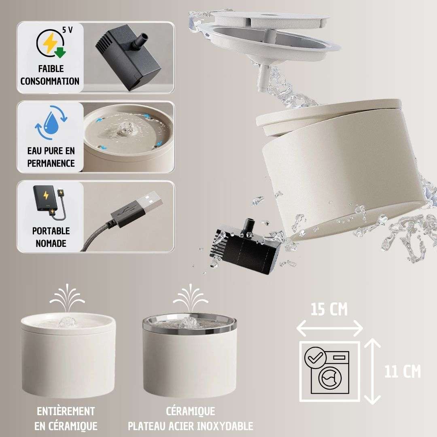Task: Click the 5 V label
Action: tap(68, 30)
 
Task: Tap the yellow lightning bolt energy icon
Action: tap(50, 43)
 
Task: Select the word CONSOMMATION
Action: tap(50, 81)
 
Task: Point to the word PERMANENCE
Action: tap(51, 163)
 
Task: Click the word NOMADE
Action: tap(51, 243)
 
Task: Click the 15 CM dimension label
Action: tap(329, 310)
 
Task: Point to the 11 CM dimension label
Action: tap(403, 371)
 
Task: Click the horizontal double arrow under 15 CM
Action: tap(329, 328)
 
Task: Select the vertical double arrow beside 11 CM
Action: tap(372, 371)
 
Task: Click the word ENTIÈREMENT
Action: tap(66, 412)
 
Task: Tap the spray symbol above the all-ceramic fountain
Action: tap(67, 297)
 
